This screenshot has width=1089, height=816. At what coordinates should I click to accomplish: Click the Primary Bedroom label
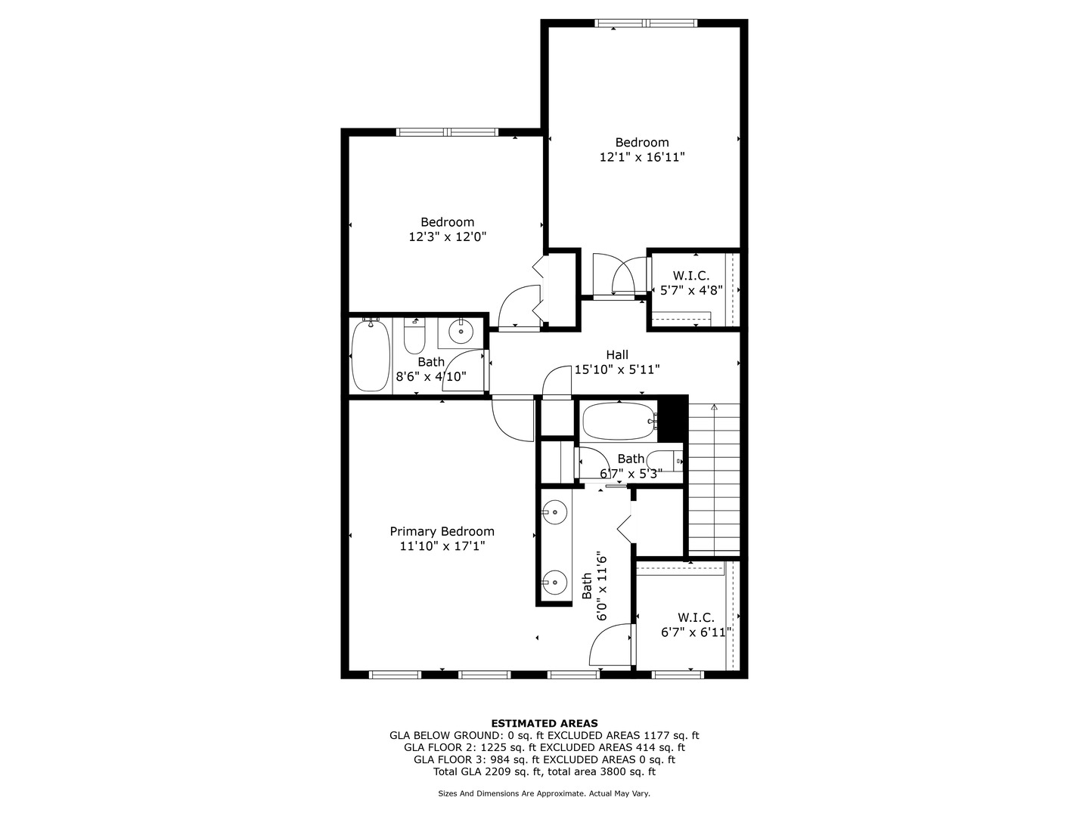coord(442,531)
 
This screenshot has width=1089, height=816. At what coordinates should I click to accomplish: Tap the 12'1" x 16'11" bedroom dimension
coord(641,157)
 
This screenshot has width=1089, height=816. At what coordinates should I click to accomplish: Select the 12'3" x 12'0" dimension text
coord(447,236)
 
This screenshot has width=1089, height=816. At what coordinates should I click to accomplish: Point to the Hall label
coord(617,354)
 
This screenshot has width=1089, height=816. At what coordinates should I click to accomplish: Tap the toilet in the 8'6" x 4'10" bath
coord(414,338)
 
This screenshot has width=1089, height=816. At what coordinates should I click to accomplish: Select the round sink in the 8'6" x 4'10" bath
coord(461,331)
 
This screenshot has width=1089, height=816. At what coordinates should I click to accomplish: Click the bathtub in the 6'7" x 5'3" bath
coord(618,422)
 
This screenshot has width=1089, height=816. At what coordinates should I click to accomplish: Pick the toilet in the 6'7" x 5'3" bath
coord(668,460)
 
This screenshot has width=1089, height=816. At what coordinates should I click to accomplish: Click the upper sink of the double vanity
coord(554,512)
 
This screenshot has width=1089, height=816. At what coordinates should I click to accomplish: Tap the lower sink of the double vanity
coord(554,582)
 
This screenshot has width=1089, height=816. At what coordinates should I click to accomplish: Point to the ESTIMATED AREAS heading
coord(544,723)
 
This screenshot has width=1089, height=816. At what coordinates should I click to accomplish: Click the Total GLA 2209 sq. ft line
coord(544,771)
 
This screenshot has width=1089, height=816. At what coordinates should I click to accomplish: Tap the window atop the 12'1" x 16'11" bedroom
coord(646,23)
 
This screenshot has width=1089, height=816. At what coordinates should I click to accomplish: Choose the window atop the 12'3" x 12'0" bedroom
coord(447,132)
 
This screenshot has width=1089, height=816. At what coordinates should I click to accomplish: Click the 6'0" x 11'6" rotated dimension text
coord(602,586)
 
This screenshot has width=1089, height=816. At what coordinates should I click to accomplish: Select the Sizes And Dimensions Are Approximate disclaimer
coord(544,793)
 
